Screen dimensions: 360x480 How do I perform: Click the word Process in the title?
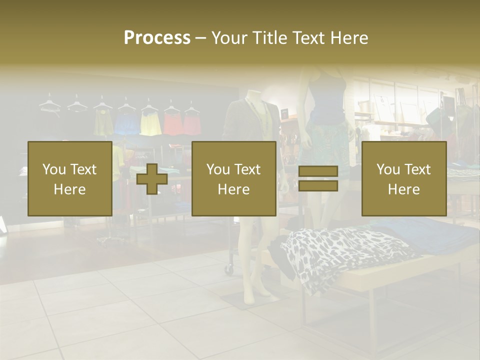157,38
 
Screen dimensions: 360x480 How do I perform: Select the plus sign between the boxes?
152,179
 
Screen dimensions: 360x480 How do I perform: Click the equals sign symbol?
318,179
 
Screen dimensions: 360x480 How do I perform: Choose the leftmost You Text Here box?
69,179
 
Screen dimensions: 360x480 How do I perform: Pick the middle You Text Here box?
233,179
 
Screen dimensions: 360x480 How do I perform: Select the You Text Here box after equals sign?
403,179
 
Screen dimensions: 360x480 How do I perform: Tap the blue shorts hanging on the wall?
126,124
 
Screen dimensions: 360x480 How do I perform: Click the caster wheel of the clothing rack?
229,269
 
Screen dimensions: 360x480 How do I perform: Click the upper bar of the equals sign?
318,171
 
